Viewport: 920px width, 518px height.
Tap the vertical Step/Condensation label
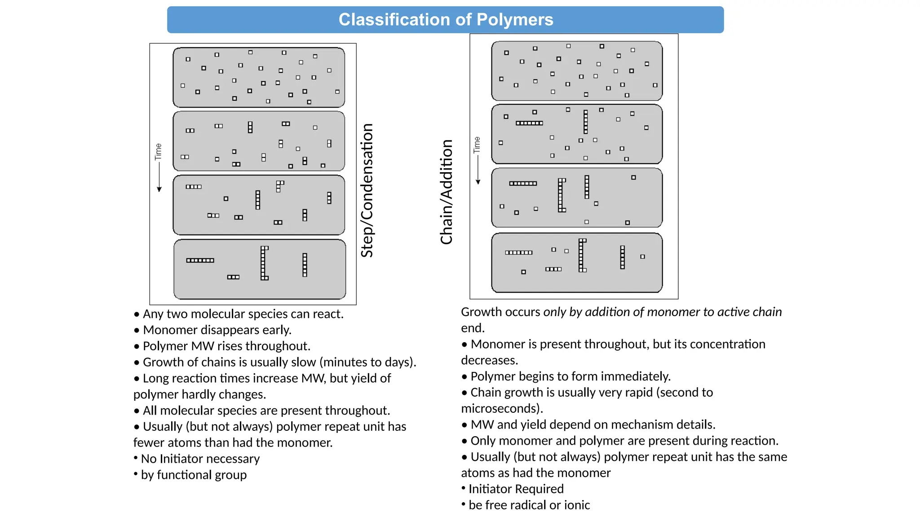click(367, 190)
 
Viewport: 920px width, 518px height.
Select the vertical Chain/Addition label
click(447, 192)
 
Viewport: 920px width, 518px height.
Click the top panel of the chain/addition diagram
click(577, 71)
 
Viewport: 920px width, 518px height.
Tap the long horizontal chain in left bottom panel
click(200, 260)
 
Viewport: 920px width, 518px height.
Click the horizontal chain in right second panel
click(529, 123)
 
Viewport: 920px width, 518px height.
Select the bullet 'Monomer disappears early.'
click(217, 330)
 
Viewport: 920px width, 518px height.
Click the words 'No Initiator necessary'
click(200, 459)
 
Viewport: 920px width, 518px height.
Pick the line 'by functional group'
click(194, 475)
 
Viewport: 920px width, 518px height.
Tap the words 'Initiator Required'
click(516, 489)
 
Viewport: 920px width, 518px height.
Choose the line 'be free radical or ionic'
click(529, 505)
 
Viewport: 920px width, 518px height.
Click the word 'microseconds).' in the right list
click(502, 408)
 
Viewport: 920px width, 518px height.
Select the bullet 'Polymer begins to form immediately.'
click(570, 376)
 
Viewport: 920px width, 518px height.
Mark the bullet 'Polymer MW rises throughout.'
click(226, 346)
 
